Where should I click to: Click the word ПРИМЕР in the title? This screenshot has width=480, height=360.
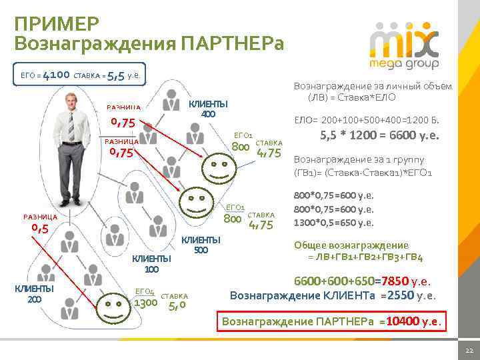click(57, 24)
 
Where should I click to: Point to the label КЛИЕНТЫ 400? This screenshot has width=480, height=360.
click(208, 109)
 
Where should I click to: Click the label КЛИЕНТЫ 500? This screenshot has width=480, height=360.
click(201, 245)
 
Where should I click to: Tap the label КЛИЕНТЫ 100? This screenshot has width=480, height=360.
click(151, 264)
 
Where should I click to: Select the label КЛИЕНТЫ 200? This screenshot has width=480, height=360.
click(34, 293)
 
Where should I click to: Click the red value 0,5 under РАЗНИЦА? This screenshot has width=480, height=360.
click(39, 229)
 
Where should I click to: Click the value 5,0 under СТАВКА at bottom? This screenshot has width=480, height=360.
click(177, 306)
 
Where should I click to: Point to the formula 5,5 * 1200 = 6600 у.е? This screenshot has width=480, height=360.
click(380, 135)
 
